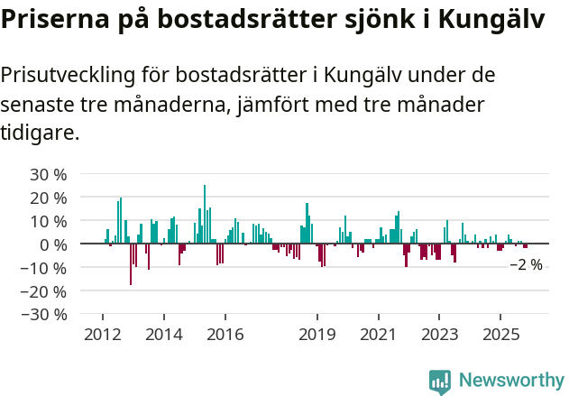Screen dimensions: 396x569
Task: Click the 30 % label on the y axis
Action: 49,174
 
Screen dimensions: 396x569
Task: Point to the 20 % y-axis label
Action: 49,198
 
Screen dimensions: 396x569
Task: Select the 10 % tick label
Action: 49,221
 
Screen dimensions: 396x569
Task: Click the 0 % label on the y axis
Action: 53,244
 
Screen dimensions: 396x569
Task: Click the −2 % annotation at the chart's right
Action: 526,265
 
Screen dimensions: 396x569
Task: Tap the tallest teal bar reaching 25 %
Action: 205,215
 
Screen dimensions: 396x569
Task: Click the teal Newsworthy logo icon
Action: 440,382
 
